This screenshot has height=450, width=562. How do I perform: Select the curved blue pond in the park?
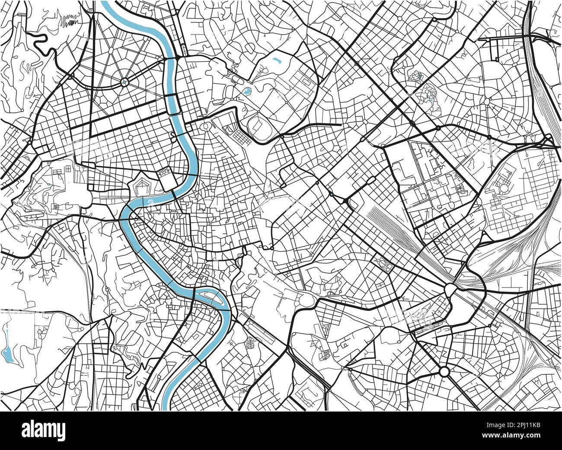coord(277,61)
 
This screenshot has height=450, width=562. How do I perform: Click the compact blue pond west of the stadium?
coord(247,91)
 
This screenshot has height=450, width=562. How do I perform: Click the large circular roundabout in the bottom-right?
coord(444,371)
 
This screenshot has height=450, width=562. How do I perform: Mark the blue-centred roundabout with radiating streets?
coord(125,81)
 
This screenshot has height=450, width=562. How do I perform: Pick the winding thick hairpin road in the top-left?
coord(41,41)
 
